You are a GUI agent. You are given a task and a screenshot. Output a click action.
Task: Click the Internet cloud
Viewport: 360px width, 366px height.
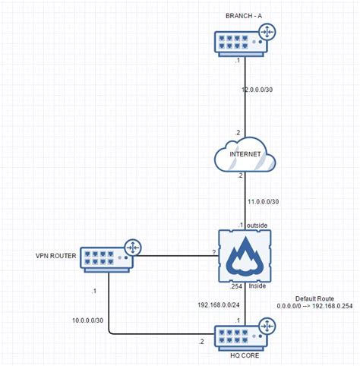click(242, 155)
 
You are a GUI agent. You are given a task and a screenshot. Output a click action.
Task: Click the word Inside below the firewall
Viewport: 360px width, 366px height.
click(257, 288)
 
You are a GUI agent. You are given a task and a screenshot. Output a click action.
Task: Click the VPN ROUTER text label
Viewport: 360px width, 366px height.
click(55, 255)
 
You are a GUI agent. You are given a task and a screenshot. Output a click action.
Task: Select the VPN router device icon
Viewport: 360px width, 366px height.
click(109, 256)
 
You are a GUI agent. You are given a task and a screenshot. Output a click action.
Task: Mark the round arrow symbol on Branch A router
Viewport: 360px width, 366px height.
click(267, 33)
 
